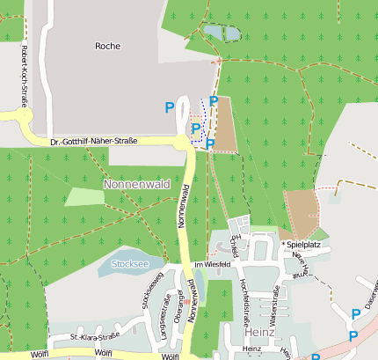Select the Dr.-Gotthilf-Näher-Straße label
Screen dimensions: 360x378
coord(93,141)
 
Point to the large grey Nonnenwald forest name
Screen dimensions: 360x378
coord(135,185)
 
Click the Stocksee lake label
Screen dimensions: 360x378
coord(130,262)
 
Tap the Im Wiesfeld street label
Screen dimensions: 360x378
coord(212,263)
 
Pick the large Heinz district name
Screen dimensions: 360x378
coord(261,333)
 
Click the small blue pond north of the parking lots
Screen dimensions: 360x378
coord(221,33)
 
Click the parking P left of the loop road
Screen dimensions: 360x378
coord(170,107)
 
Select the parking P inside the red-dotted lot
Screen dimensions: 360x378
coord(196,129)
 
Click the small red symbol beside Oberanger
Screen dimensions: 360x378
coord(185,302)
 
